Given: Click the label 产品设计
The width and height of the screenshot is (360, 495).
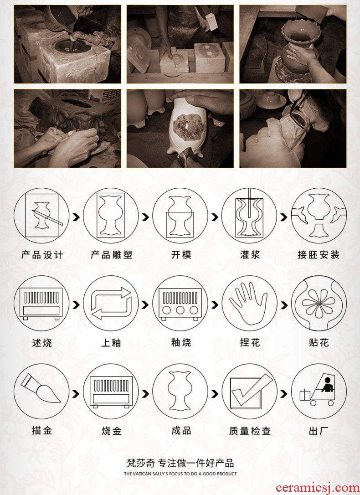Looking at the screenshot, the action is click(42, 255).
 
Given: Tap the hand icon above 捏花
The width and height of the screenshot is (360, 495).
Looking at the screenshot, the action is click(249, 304).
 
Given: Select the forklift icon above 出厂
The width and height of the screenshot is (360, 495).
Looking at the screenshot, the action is click(319, 392).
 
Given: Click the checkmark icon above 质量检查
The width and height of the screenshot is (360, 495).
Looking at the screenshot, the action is click(249, 392).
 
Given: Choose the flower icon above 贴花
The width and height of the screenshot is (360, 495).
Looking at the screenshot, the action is click(319, 304).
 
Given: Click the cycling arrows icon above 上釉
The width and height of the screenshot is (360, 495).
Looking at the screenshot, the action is click(111, 304).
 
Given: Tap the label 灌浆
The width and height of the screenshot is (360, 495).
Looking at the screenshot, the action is click(250, 255).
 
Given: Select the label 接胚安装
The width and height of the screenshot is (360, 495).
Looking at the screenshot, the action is click(319, 255).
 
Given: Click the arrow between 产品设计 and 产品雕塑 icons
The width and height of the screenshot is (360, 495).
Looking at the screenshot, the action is click(76, 217).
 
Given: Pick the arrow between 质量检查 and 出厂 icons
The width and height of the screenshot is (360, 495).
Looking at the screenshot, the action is click(284, 394).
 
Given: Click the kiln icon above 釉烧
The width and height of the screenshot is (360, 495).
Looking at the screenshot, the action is click(180, 304).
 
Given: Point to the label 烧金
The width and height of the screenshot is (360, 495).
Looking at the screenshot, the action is click(111, 431).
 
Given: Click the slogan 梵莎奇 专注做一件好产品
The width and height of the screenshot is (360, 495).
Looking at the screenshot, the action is click(180, 463).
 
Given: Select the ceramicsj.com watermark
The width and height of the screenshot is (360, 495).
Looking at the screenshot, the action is click(317, 488).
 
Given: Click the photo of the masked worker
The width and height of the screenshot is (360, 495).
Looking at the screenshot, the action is click(293, 129).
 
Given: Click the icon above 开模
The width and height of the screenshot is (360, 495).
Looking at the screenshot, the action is click(180, 216).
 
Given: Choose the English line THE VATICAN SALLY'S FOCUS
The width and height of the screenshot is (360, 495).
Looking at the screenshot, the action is click(180, 474).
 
